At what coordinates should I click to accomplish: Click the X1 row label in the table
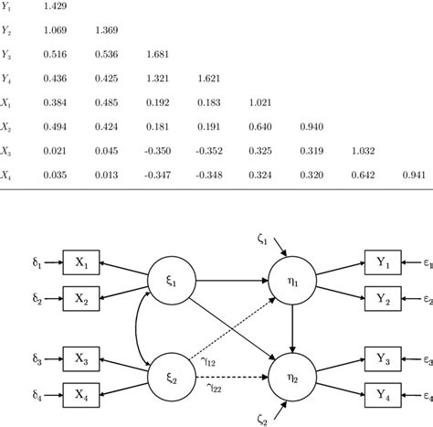[7, 101]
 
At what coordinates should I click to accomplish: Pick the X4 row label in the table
[7, 173]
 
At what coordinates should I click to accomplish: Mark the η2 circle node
[291, 377]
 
